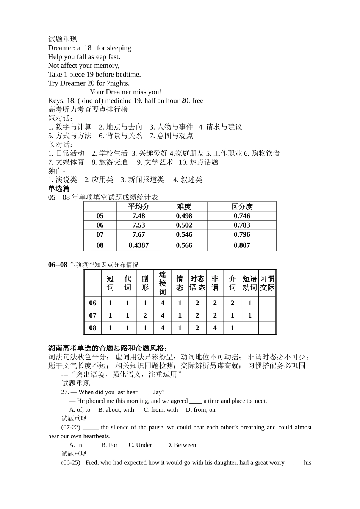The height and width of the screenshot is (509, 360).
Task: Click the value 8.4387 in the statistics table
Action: click(x=139, y=245)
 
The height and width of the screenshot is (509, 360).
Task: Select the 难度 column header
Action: click(x=184, y=206)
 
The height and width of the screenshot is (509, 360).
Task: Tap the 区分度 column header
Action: click(x=242, y=206)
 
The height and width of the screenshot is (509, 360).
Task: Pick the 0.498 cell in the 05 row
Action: click(x=184, y=216)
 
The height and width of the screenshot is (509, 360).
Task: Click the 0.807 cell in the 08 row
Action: click(x=242, y=245)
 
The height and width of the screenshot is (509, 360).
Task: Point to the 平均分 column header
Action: click(x=139, y=206)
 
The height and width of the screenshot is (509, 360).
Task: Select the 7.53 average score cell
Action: click(x=139, y=225)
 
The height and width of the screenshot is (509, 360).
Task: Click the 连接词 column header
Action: click(x=163, y=283)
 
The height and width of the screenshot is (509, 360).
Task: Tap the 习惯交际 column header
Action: click(x=267, y=283)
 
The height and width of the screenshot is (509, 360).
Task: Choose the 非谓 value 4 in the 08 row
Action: click(x=215, y=328)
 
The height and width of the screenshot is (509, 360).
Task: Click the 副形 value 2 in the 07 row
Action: click(x=145, y=315)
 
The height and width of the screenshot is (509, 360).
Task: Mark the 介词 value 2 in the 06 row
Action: click(x=232, y=303)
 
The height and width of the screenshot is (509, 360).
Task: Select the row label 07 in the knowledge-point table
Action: click(x=93, y=315)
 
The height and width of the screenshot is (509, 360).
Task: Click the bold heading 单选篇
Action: click(x=59, y=189)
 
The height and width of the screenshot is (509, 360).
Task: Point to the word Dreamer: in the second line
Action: click(x=61, y=48)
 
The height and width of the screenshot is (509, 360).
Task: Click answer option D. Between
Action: click(x=181, y=445)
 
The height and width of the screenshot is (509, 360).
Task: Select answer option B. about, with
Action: click(x=116, y=410)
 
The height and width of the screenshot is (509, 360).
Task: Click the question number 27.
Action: click(x=65, y=392)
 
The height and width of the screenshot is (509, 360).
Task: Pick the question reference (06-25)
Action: click(x=71, y=462)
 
